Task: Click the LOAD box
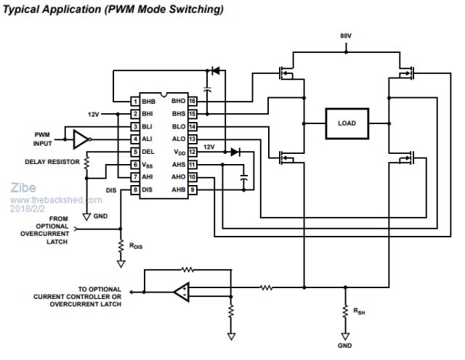347,123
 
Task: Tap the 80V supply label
347,36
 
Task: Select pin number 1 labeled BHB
135,101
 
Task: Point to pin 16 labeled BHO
193,101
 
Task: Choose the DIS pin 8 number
135,189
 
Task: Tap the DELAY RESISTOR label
52,162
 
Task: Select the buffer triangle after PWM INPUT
81,139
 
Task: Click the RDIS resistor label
136,247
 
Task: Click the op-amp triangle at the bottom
182,292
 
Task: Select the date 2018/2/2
27,208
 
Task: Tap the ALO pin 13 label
179,139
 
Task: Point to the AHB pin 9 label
179,189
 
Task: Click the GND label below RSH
345,346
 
